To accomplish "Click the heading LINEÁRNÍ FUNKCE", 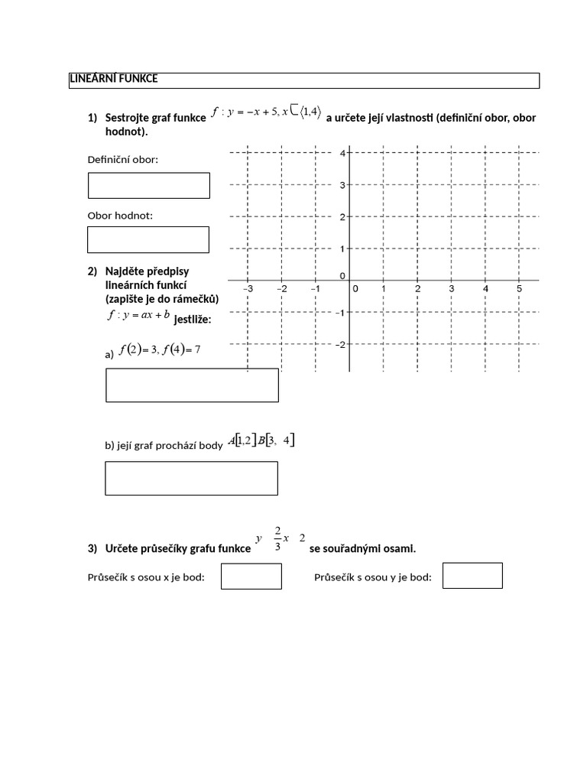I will pyautogui.click(x=114, y=79).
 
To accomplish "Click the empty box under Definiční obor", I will pyautogui.click(x=148, y=185).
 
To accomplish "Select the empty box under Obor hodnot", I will pyautogui.click(x=148, y=239).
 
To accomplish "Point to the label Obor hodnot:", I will pyautogui.click(x=120, y=216).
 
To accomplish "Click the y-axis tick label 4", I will pyautogui.click(x=343, y=153).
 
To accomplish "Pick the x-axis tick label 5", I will pyautogui.click(x=519, y=289).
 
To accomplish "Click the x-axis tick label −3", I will pyautogui.click(x=248, y=289).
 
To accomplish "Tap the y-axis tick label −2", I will pyautogui.click(x=341, y=344).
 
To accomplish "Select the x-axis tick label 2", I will pyautogui.click(x=417, y=289).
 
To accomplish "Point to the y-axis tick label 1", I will pyautogui.click(x=343, y=249).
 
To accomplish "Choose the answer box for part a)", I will pyautogui.click(x=192, y=385).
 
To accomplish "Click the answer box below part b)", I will pyautogui.click(x=191, y=478).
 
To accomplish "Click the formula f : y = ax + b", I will pyautogui.click(x=138, y=314).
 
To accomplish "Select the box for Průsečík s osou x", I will pyautogui.click(x=251, y=577).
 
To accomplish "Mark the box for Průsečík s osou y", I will pyautogui.click(x=472, y=576).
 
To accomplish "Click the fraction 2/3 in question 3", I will pyautogui.click(x=277, y=538).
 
